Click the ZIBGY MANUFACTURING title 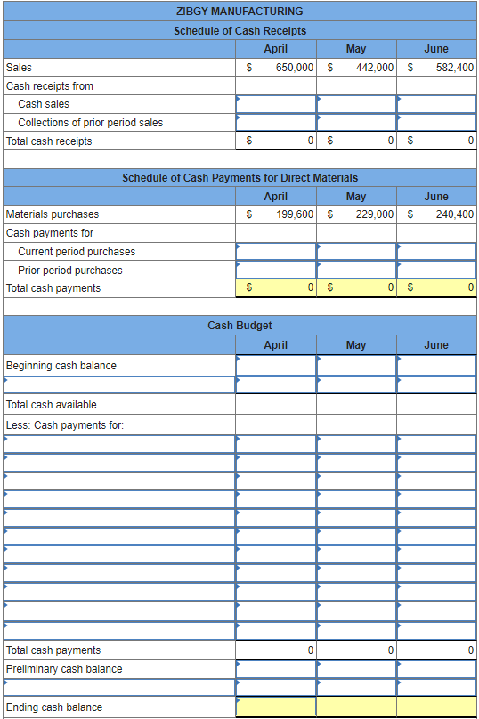[x=239, y=12]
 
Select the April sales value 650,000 [x=294, y=68]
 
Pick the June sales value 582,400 [x=455, y=68]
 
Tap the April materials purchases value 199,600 [x=294, y=214]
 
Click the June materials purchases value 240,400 [x=455, y=214]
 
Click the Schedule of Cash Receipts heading [x=239, y=31]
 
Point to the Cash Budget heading [x=239, y=326]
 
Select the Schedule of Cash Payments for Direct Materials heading [x=239, y=178]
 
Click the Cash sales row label [x=44, y=104]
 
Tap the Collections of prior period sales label [x=90, y=123]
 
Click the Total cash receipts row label [x=49, y=141]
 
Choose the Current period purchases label [x=77, y=252]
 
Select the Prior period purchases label [x=70, y=271]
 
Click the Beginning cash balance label [x=61, y=366]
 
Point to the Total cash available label [x=51, y=405]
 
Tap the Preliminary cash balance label [x=64, y=669]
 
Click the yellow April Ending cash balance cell [x=276, y=707]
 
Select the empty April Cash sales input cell [x=276, y=104]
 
